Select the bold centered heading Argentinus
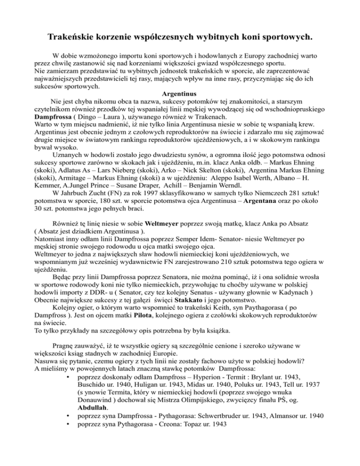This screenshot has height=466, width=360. coord(180,93)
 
